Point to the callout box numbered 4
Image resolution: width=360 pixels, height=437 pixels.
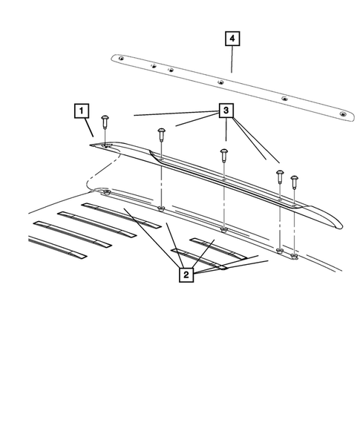233,39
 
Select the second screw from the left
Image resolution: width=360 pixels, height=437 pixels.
161,134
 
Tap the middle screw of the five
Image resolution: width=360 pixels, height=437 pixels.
223,154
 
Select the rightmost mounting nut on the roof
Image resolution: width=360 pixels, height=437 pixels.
295,256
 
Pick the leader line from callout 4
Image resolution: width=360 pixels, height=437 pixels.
232,59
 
